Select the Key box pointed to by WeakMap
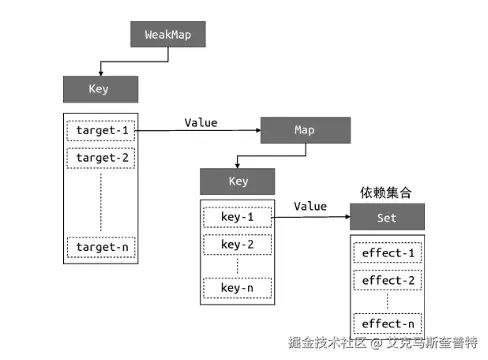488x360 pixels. coord(98,89)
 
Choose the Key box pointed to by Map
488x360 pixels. coord(238,182)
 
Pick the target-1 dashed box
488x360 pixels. coord(98,131)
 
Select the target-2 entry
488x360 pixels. coord(98,158)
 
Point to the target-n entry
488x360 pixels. coord(98,246)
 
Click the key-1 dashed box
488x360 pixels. coord(238,217)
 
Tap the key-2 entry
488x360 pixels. coord(238,244)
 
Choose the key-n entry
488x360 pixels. coord(238,288)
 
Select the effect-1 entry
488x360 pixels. coord(388,253)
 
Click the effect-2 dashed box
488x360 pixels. coord(388,280)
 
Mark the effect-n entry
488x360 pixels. coord(388,324)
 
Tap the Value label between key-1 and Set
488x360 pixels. coord(310,206)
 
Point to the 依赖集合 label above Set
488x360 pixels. coord(387,191)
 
